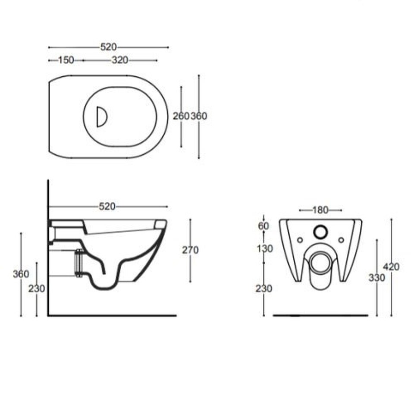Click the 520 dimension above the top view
click(108, 47)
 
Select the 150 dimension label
click(66, 60)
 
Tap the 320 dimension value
click(120, 60)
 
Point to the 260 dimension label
click(181, 116)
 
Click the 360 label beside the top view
click(199, 116)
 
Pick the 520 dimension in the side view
click(107, 207)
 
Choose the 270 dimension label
click(190, 250)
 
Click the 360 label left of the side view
click(21, 274)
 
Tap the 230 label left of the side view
click(37, 289)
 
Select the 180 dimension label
click(320, 210)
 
